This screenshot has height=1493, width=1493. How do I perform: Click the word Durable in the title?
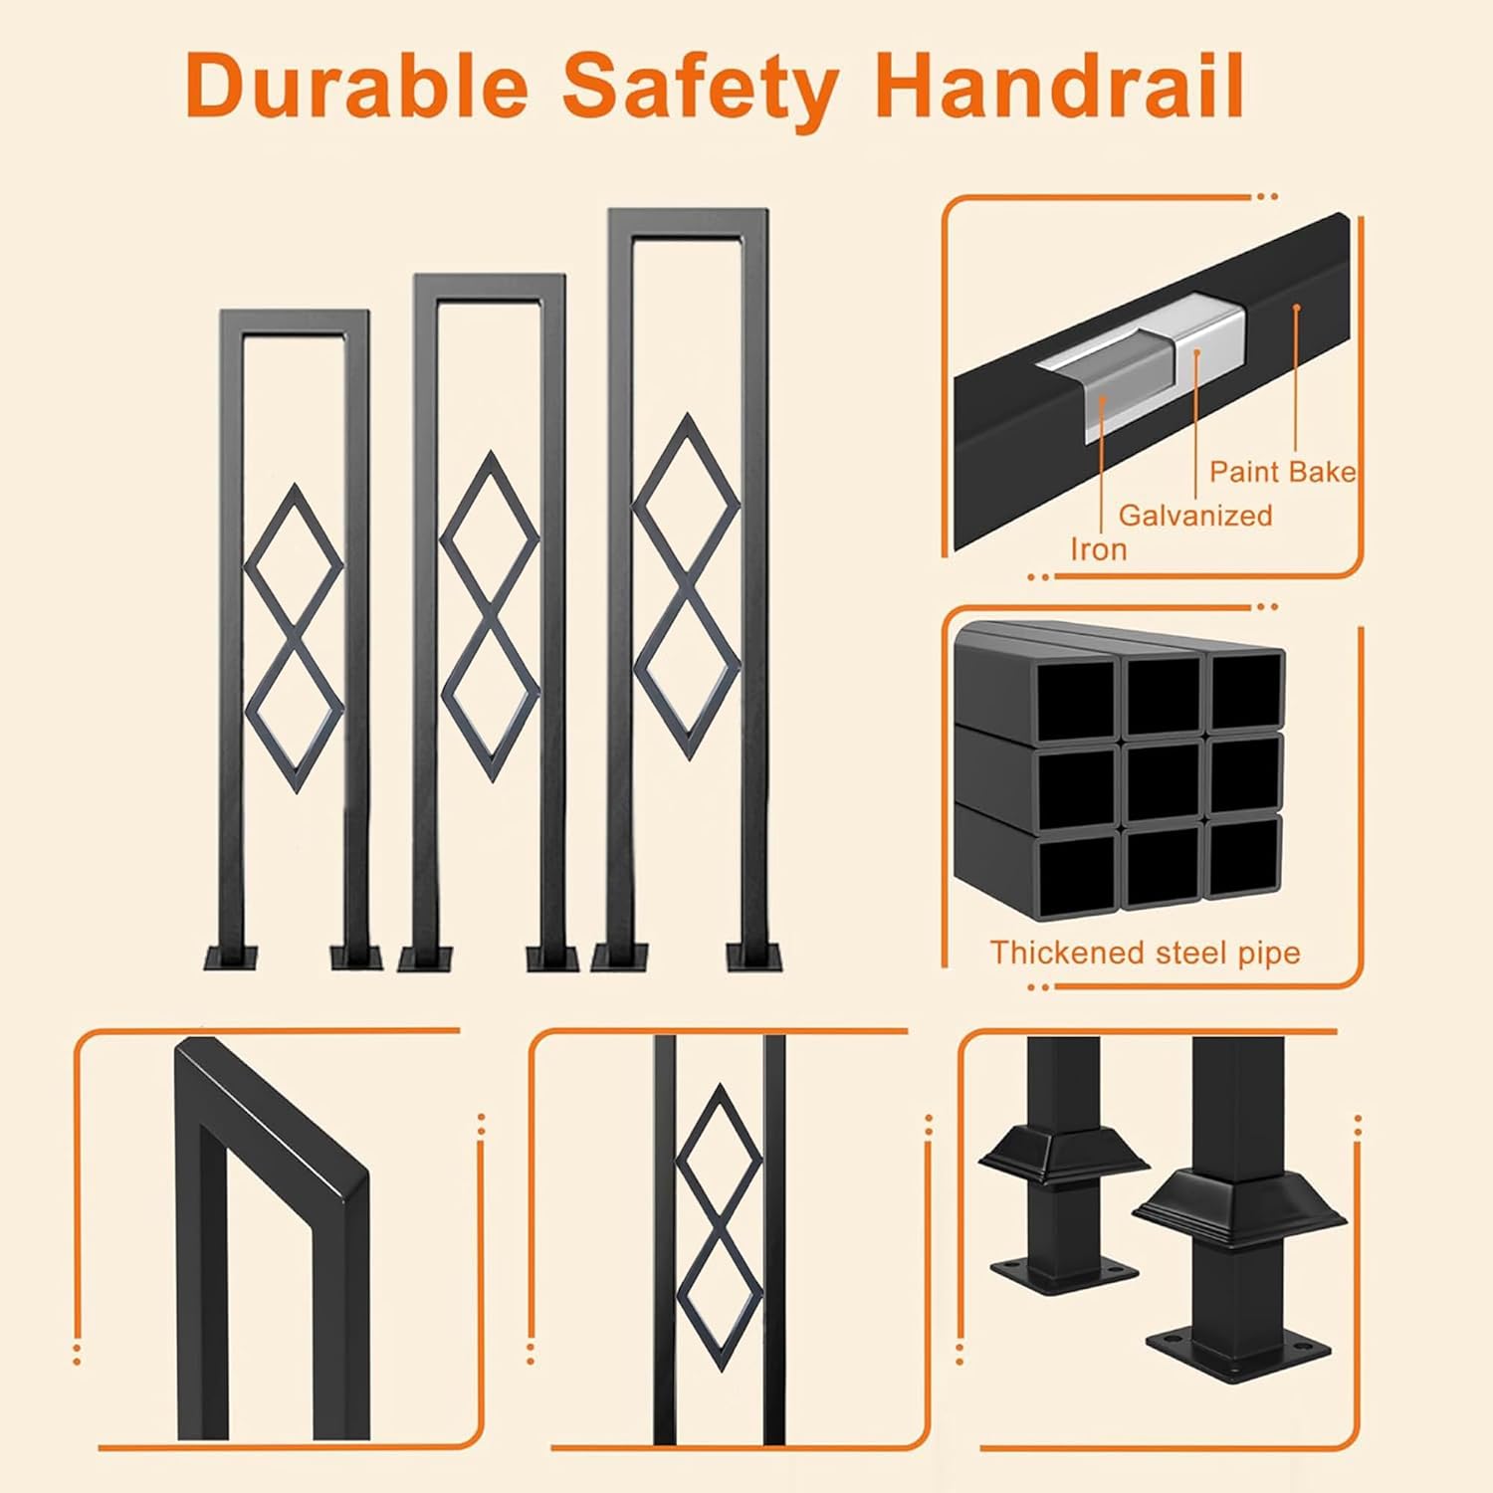click(x=357, y=87)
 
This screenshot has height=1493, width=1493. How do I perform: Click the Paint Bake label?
click(x=1282, y=471)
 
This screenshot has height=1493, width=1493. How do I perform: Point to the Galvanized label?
click(x=1194, y=515)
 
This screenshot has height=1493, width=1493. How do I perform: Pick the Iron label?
click(x=1099, y=549)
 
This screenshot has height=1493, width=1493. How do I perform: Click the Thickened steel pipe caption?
click(x=1145, y=953)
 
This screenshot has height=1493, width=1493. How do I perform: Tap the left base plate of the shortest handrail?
click(x=230, y=958)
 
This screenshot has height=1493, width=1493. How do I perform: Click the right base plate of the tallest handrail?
click(x=754, y=958)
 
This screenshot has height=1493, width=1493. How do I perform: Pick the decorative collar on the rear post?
click(x=1063, y=1155)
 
